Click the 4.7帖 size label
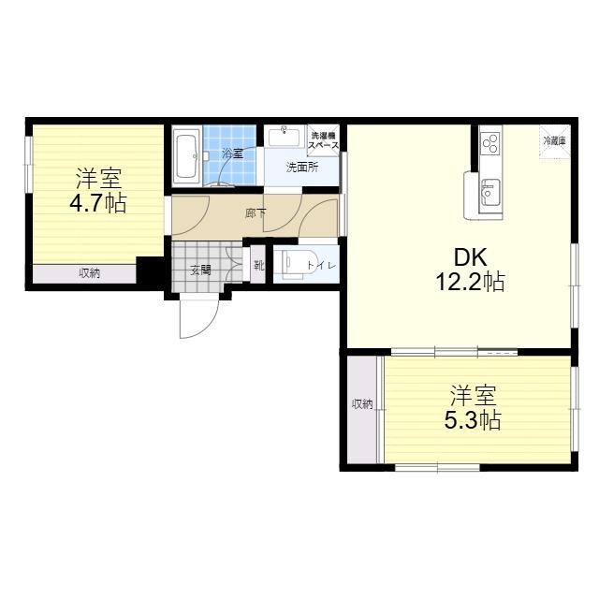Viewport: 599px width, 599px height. point(97,204)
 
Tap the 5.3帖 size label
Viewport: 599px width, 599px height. point(472,420)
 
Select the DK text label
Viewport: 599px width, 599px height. point(470,257)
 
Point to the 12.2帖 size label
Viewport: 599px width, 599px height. point(470,282)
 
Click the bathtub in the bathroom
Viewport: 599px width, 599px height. point(186,156)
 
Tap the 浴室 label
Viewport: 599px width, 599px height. point(233,153)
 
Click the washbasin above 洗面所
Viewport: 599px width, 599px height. point(284,137)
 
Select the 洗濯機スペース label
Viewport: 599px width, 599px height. point(323,140)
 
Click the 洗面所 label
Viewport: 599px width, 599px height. point(302,168)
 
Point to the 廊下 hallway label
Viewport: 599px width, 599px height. point(256,213)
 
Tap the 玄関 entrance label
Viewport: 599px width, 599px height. point(201,270)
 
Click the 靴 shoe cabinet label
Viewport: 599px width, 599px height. point(259,265)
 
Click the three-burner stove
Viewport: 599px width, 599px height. point(490,143)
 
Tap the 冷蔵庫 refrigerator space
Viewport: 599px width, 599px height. point(555,141)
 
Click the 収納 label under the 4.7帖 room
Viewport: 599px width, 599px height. point(90,273)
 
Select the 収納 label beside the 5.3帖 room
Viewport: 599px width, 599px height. point(362,403)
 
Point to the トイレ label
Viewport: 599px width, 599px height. point(321,266)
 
